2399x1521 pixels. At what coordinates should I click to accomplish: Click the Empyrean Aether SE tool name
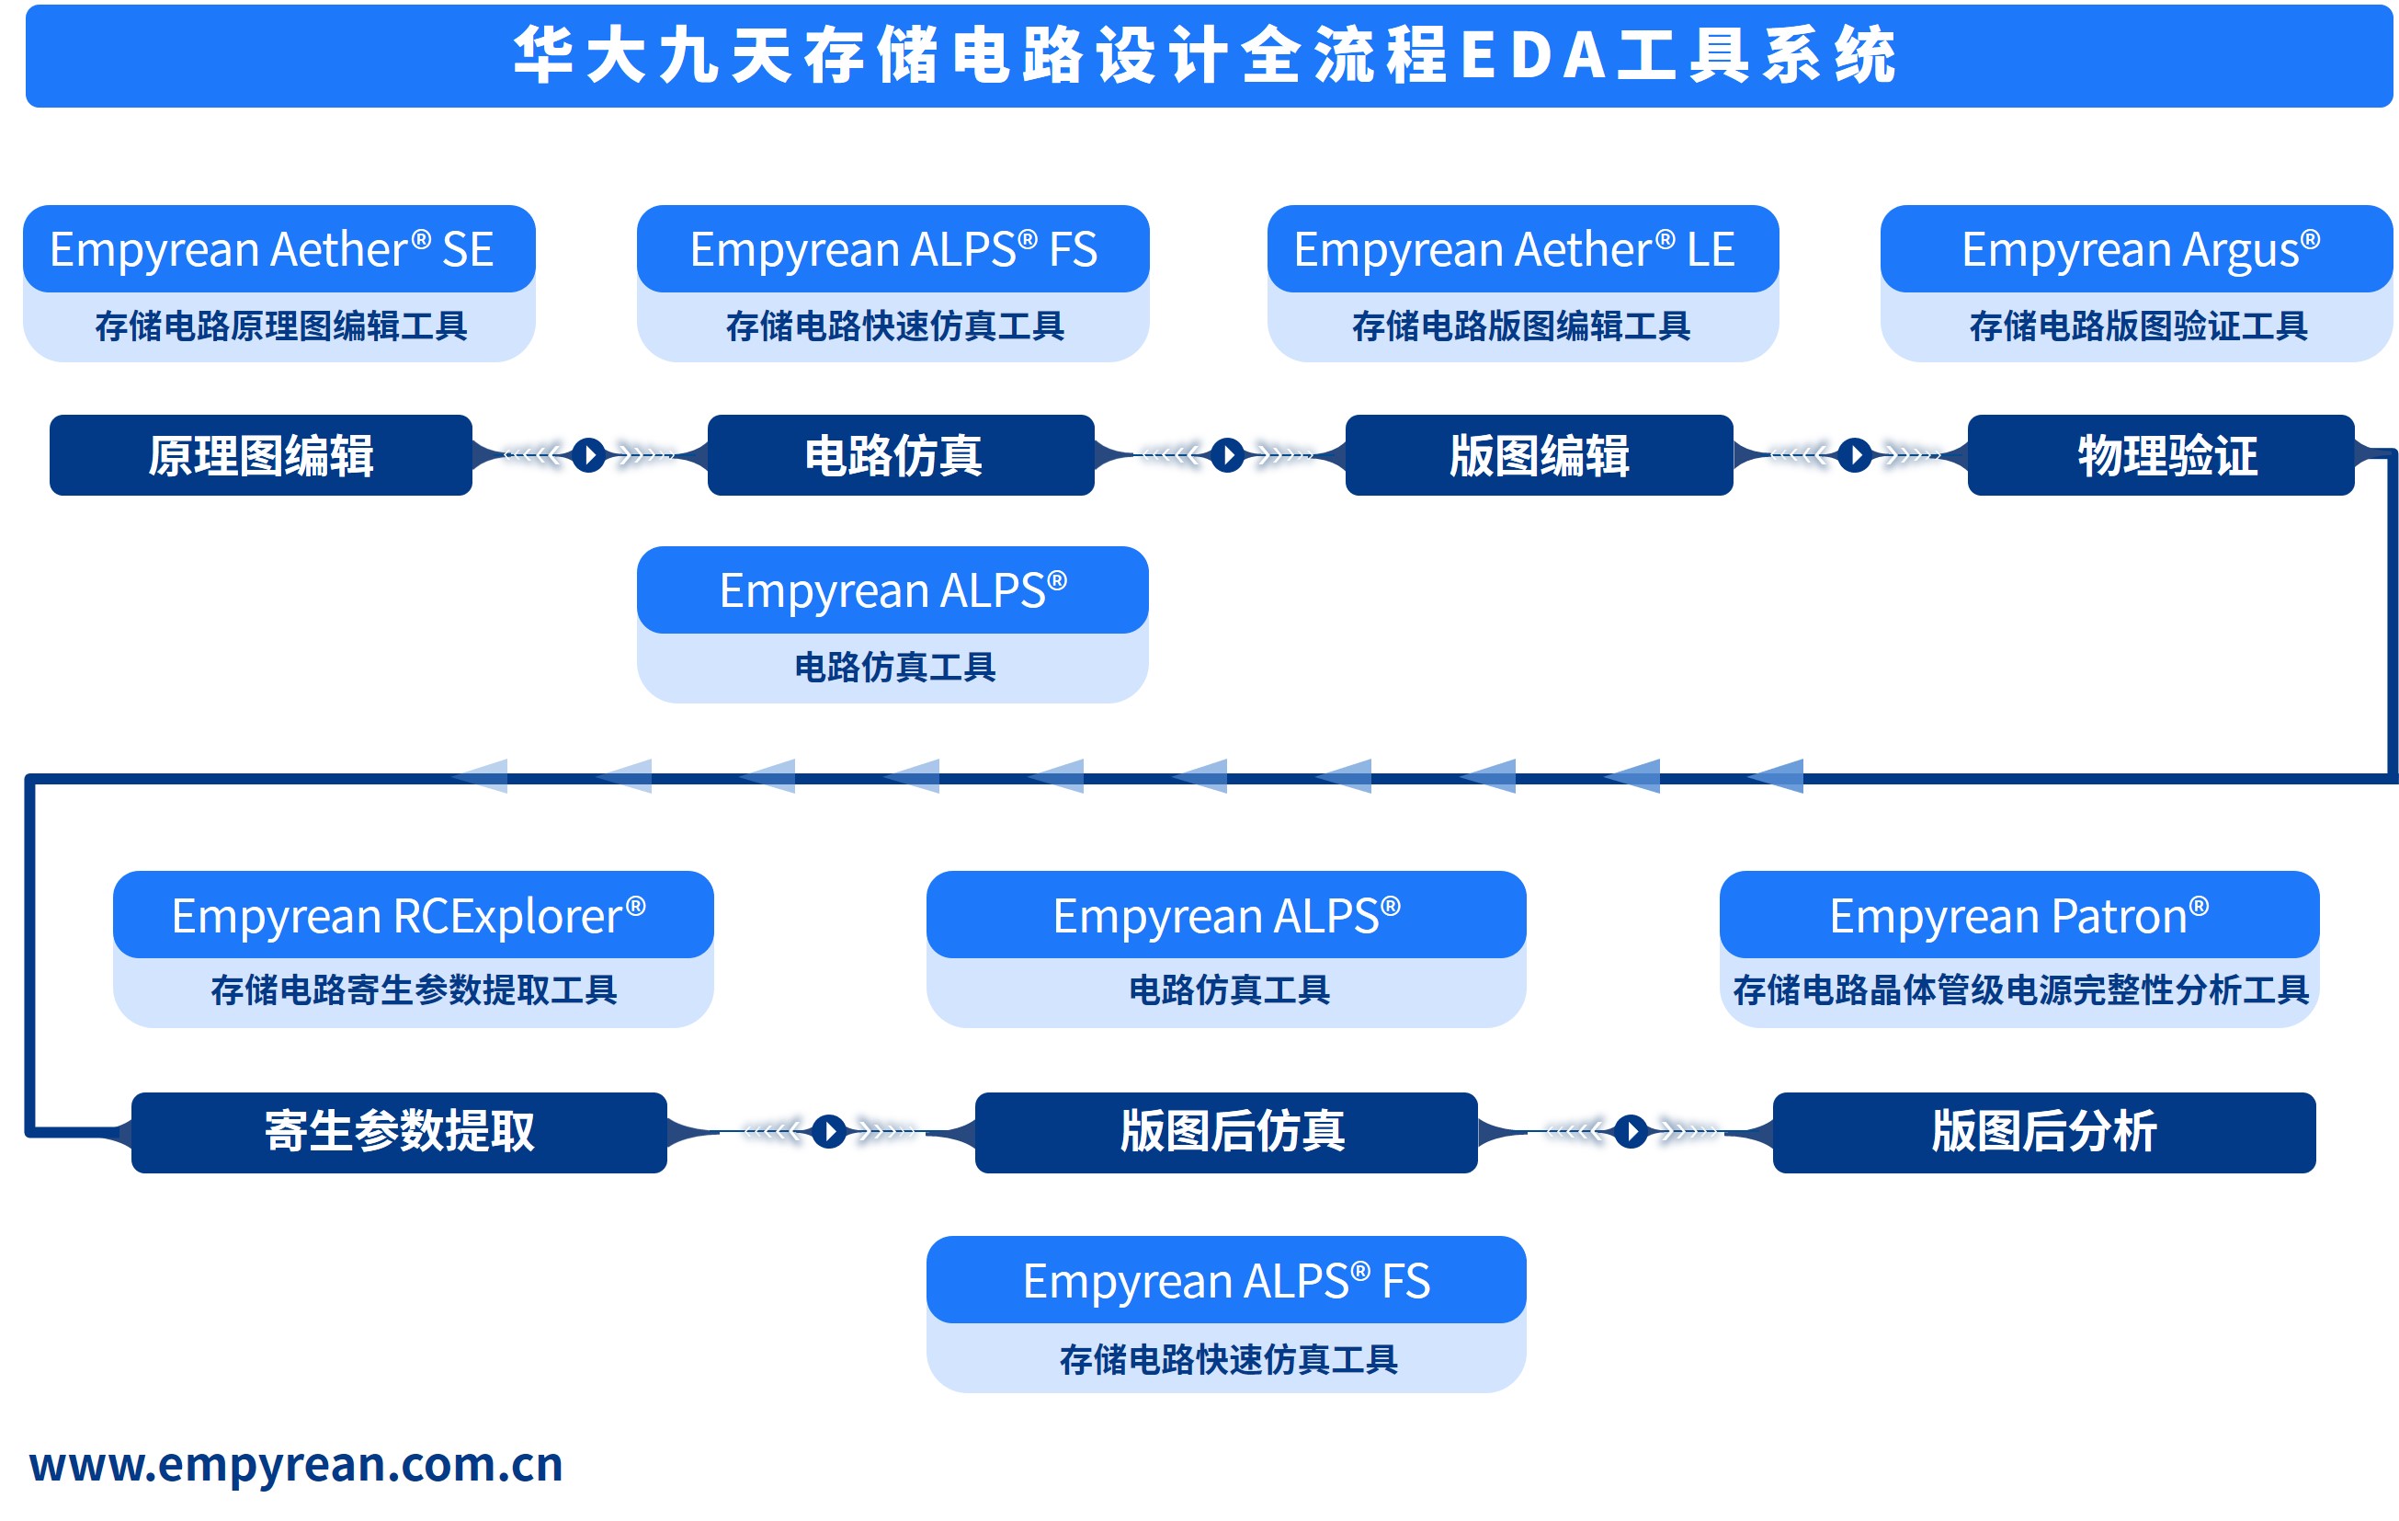(x=272, y=249)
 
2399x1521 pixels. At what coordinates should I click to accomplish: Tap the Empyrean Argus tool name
(x=2140, y=249)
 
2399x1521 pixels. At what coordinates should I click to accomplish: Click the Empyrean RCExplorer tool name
(x=408, y=916)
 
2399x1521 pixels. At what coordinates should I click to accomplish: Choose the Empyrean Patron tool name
(x=2018, y=916)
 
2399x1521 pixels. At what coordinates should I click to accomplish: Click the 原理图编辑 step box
(x=261, y=455)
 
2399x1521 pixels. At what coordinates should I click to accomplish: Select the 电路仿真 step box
(x=893, y=455)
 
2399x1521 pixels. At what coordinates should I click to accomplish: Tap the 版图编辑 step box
(x=1540, y=455)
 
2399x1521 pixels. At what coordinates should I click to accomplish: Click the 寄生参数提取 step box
(x=400, y=1131)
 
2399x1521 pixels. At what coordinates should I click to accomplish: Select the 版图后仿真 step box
(x=1233, y=1131)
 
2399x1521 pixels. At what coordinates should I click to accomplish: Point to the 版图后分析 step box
(x=2044, y=1131)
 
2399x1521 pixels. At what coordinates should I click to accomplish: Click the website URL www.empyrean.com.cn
(x=296, y=1464)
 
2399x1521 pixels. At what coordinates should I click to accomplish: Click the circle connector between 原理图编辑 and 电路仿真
(x=590, y=455)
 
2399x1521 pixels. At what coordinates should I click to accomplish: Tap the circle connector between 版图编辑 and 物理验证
(x=1854, y=455)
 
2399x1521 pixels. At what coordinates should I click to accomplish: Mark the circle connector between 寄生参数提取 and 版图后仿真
(x=829, y=1131)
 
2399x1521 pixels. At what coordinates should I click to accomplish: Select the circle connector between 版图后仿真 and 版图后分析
(x=1631, y=1131)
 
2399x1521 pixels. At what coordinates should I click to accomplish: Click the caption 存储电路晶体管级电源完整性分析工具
(x=2020, y=989)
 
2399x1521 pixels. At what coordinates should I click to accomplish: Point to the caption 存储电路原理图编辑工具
(x=281, y=326)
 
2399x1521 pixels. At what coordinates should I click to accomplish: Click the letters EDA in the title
(x=1533, y=56)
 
